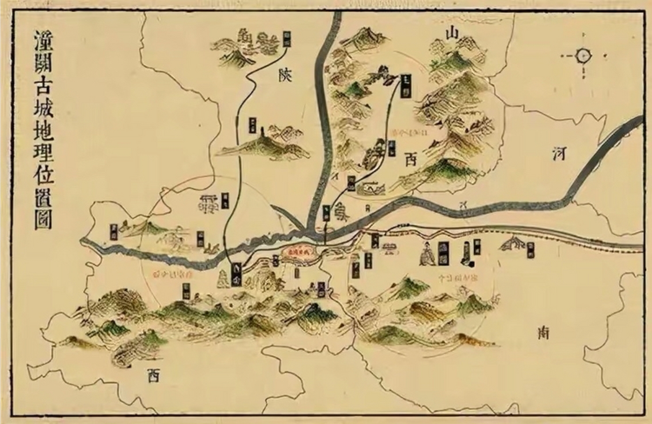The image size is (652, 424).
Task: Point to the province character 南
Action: (x=544, y=330)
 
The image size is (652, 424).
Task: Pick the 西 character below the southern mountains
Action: (x=155, y=376)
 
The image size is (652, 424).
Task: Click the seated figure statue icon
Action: (x=427, y=253)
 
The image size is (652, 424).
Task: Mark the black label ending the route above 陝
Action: (x=287, y=36)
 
